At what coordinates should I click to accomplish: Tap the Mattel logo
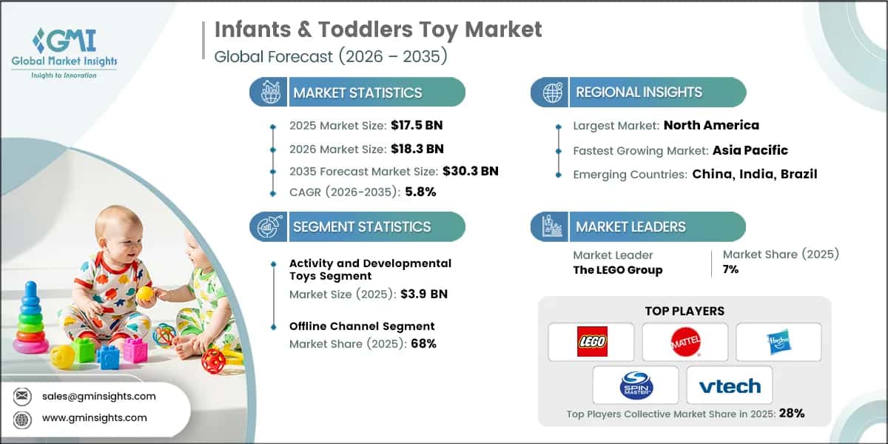(x=684, y=342)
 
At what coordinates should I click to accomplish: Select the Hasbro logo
(x=778, y=342)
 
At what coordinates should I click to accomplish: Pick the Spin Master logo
(x=636, y=386)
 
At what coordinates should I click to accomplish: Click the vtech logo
(x=729, y=386)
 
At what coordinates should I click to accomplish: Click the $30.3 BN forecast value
(x=470, y=171)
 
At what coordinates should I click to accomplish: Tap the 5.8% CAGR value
(x=420, y=192)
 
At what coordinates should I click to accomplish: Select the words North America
(x=711, y=125)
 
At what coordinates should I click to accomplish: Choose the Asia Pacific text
(x=750, y=150)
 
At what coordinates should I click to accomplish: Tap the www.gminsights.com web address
(x=94, y=417)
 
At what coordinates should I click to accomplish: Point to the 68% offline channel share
(x=423, y=343)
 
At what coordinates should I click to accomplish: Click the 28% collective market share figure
(x=790, y=413)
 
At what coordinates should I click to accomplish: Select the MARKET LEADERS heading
(x=630, y=227)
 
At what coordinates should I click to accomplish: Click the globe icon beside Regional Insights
(x=551, y=92)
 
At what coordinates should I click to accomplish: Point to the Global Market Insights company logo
(x=64, y=52)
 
